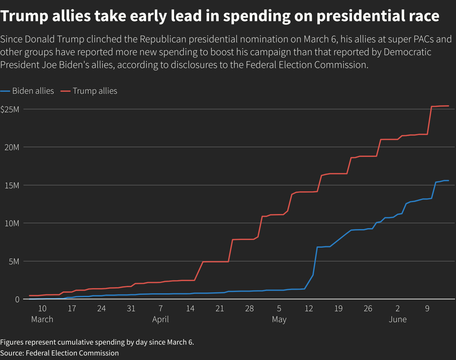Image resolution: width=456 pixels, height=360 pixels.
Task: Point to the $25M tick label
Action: tap(10, 109)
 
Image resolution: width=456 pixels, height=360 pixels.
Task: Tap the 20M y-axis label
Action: tap(12, 147)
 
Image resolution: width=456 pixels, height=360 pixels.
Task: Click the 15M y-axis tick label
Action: tap(12, 185)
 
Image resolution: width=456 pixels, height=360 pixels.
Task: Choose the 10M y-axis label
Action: tap(12, 223)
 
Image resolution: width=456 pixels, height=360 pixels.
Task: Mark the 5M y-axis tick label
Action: tap(14, 261)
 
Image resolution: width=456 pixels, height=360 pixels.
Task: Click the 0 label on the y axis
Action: tap(17, 299)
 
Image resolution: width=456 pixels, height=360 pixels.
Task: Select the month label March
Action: tap(42, 320)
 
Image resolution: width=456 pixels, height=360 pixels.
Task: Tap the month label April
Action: tap(161, 320)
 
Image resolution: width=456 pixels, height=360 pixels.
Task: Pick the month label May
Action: tap(279, 320)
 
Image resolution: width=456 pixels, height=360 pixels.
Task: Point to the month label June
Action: tap(398, 320)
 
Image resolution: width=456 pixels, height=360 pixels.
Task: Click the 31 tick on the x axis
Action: tap(131, 309)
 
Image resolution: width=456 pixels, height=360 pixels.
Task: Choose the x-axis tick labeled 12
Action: tap(309, 309)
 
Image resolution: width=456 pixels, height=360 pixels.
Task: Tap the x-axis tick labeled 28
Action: tap(250, 309)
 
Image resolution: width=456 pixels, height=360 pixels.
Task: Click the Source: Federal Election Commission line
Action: tap(59, 353)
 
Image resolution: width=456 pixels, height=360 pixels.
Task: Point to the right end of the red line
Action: tap(448, 106)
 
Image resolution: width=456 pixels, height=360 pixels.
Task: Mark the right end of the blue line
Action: tap(448, 181)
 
